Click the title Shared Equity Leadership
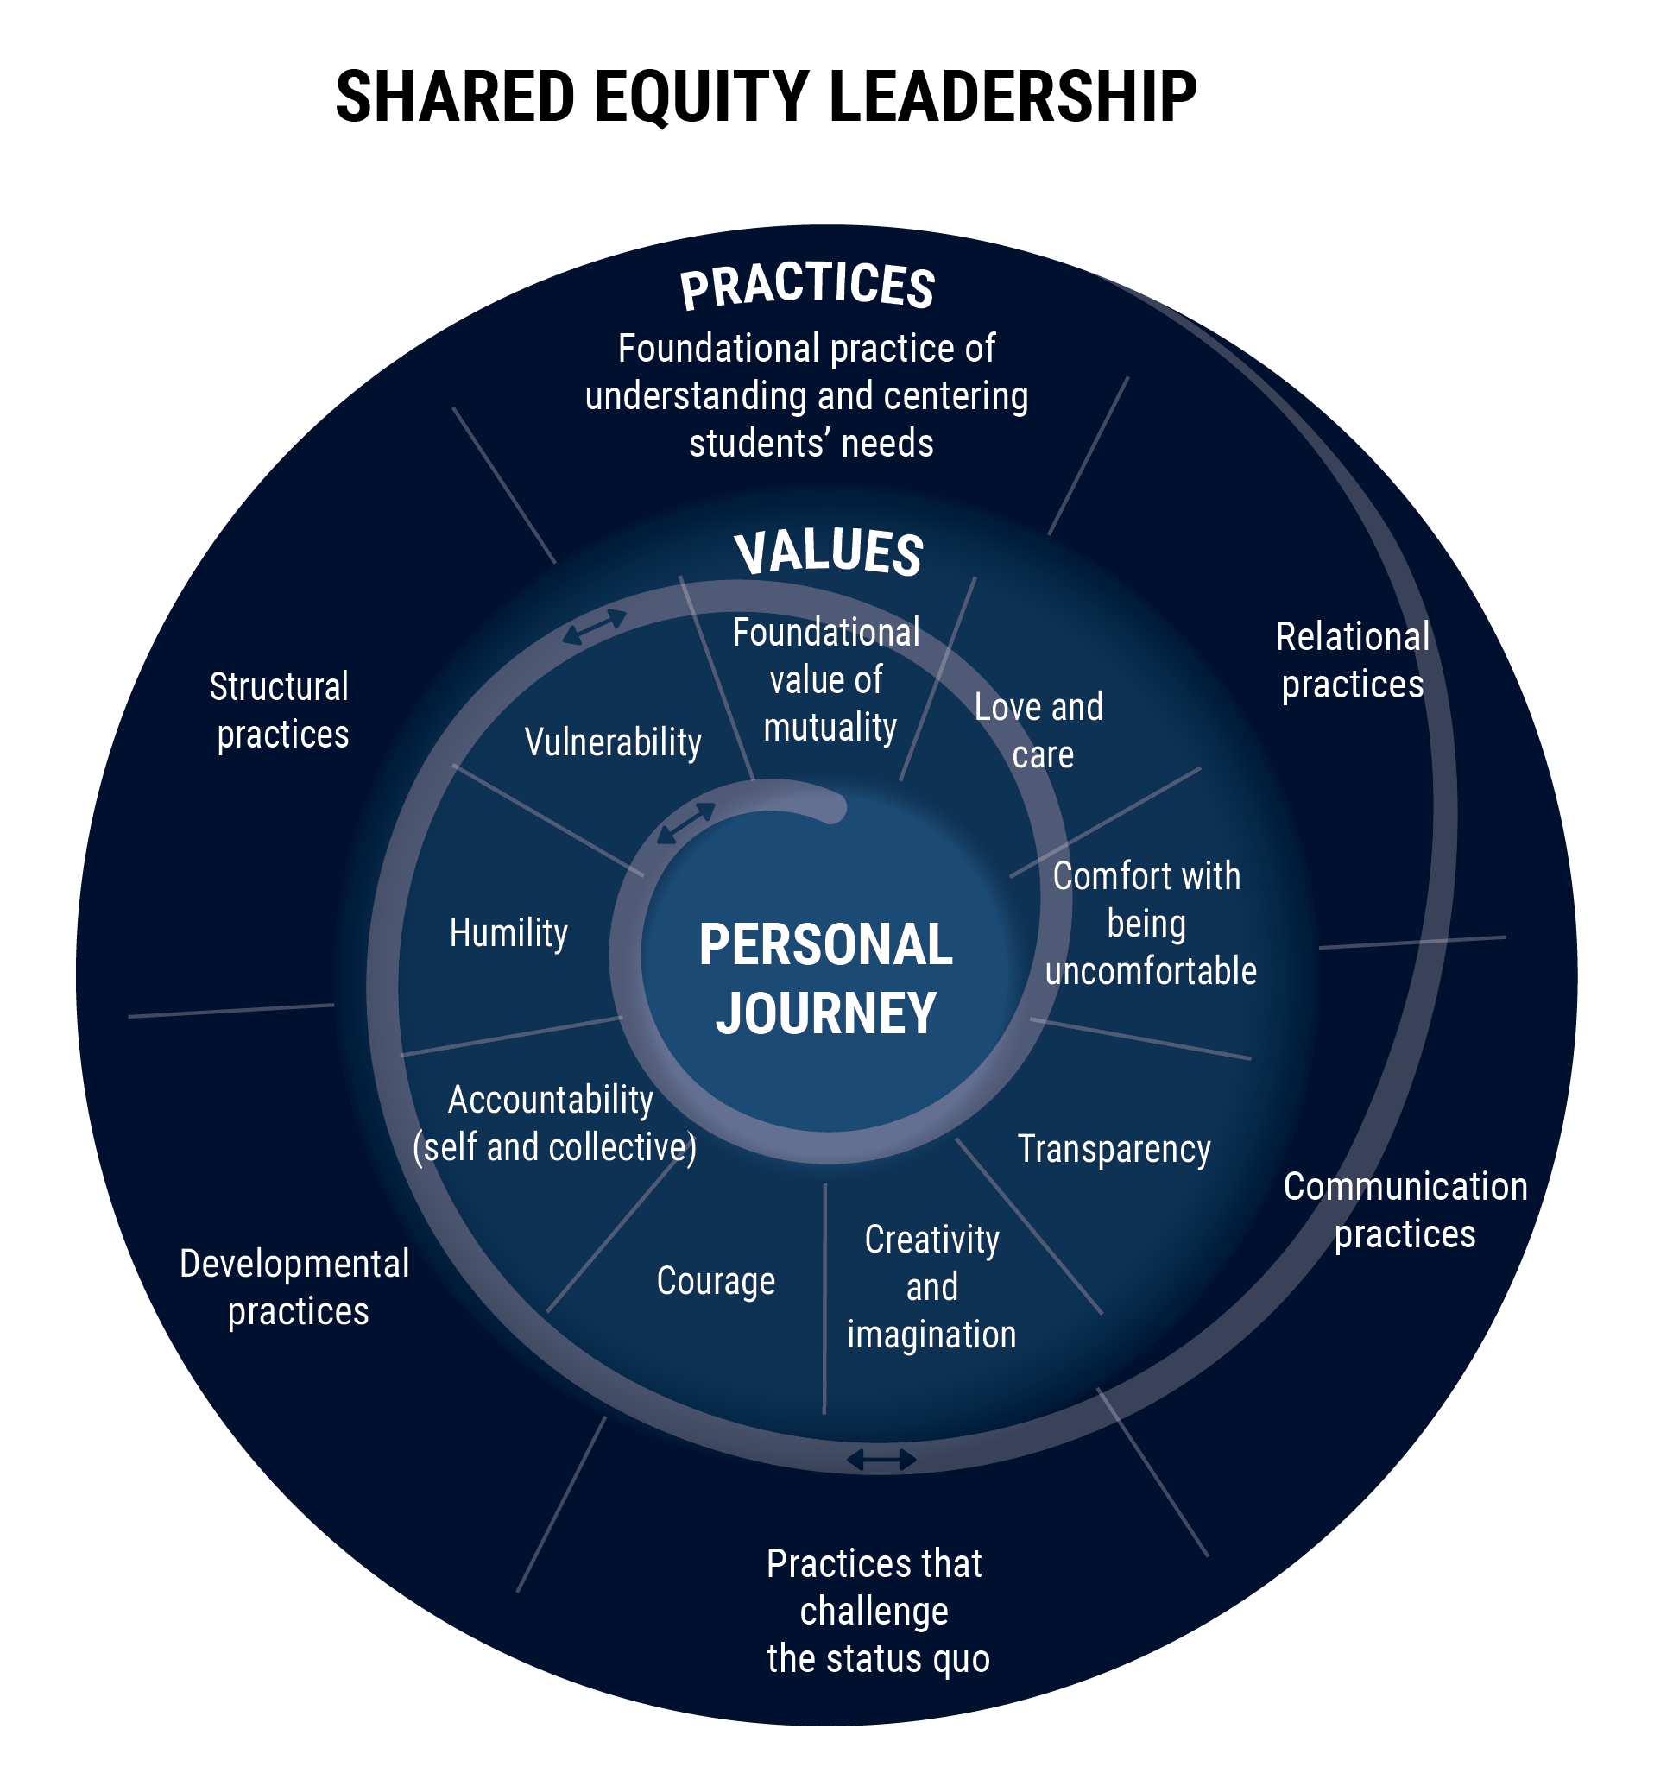(x=765, y=97)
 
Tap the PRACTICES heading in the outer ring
(x=807, y=287)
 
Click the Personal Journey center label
(x=825, y=978)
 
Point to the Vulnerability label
(x=613, y=742)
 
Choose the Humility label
(x=508, y=934)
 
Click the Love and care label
(x=1038, y=730)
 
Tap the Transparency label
(x=1114, y=1149)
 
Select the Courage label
(x=715, y=1281)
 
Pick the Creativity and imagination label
(x=931, y=1287)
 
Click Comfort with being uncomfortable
(x=1149, y=924)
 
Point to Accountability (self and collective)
(x=553, y=1123)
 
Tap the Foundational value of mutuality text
(x=827, y=680)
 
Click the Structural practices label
(x=281, y=710)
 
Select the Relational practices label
(x=1353, y=660)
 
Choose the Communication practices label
(x=1405, y=1210)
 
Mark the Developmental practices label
(x=295, y=1287)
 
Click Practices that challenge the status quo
(x=877, y=1612)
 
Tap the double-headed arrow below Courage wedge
(x=881, y=1461)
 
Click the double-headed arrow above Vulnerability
(x=594, y=627)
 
